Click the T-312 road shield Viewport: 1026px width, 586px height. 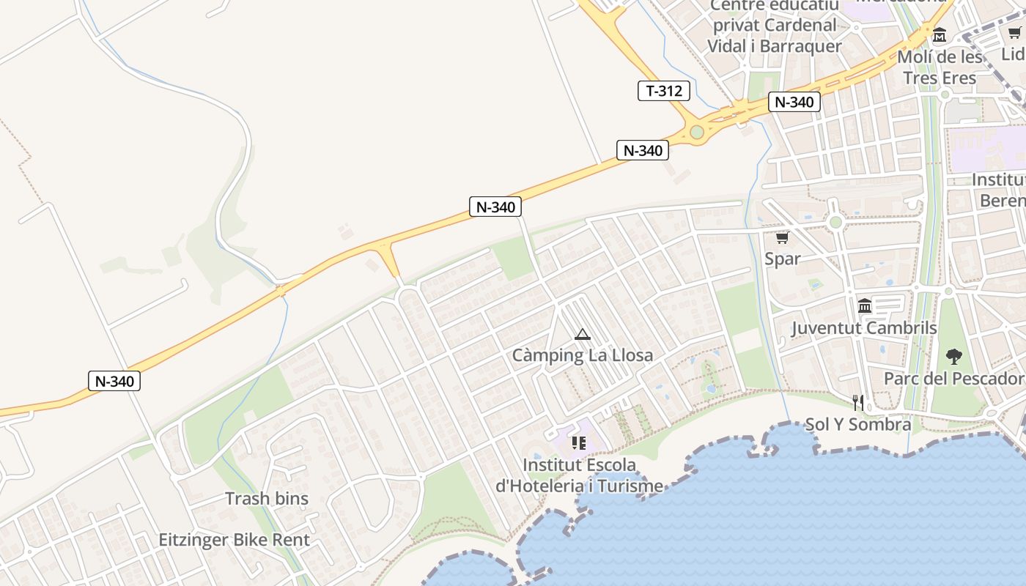(664, 91)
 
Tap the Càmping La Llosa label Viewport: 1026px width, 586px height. (582, 355)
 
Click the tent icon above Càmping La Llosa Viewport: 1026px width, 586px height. (583, 335)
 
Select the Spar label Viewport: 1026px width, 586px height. (783, 259)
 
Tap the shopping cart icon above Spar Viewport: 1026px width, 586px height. (782, 238)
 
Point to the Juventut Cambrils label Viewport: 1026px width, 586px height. (864, 327)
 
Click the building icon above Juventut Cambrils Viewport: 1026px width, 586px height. (865, 305)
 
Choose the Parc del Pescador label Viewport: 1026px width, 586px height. (953, 378)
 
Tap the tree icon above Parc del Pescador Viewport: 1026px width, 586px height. (953, 357)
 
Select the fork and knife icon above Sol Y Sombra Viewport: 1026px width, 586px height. (858, 402)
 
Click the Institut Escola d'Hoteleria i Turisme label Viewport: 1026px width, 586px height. (579, 475)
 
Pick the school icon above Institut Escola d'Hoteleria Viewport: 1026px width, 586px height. (579, 443)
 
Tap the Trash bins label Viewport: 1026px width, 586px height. (267, 499)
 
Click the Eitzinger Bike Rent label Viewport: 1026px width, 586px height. (235, 541)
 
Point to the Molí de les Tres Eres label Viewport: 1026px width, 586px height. (940, 67)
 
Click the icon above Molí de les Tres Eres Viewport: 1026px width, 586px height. (940, 34)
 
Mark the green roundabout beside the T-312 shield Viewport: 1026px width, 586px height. (697, 133)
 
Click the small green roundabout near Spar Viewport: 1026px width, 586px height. (835, 222)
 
